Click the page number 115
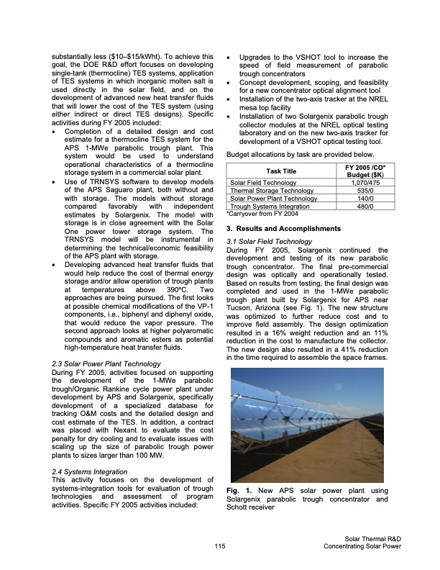click(220, 547)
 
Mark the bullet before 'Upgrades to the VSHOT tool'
click(228, 56)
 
